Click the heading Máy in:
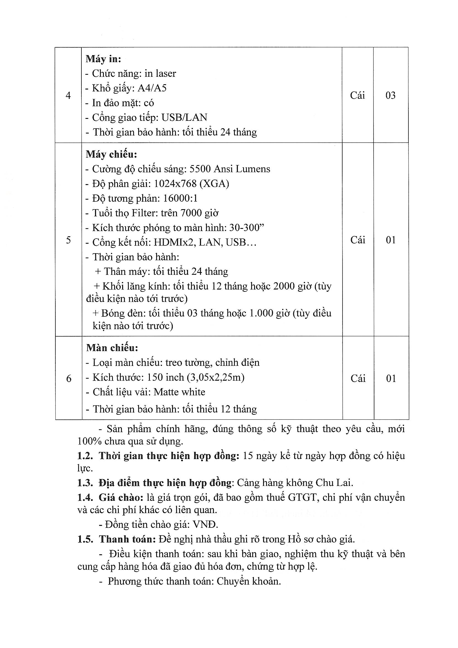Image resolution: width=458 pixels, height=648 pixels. click(x=103, y=59)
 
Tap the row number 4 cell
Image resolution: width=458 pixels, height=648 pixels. click(x=68, y=95)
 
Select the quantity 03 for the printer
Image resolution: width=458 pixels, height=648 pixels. click(x=391, y=95)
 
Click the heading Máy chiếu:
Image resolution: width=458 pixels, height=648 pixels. click(x=111, y=154)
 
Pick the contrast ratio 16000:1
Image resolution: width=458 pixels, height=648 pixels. click(x=181, y=198)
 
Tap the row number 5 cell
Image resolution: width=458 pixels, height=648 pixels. click(x=68, y=240)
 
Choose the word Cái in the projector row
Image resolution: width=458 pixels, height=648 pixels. click(x=357, y=240)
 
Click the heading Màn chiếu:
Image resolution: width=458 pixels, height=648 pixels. click(x=112, y=348)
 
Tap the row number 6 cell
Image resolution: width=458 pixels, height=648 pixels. click(x=68, y=378)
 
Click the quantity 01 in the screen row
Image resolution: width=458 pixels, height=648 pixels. click(x=391, y=378)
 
